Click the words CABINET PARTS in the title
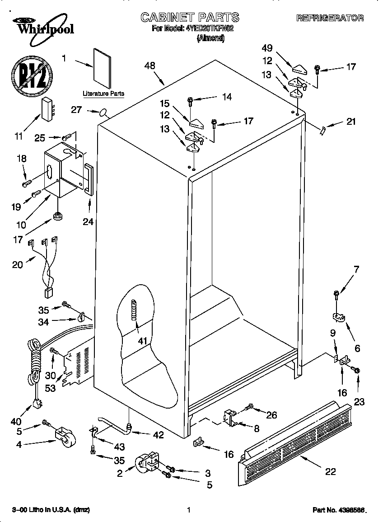pyautogui.click(x=190, y=18)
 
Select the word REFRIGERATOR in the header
pyautogui.click(x=330, y=18)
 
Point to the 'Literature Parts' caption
pyautogui.click(x=103, y=94)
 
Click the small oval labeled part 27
pyautogui.click(x=104, y=112)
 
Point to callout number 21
pyautogui.click(x=351, y=121)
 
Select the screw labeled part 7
pyautogui.click(x=336, y=295)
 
